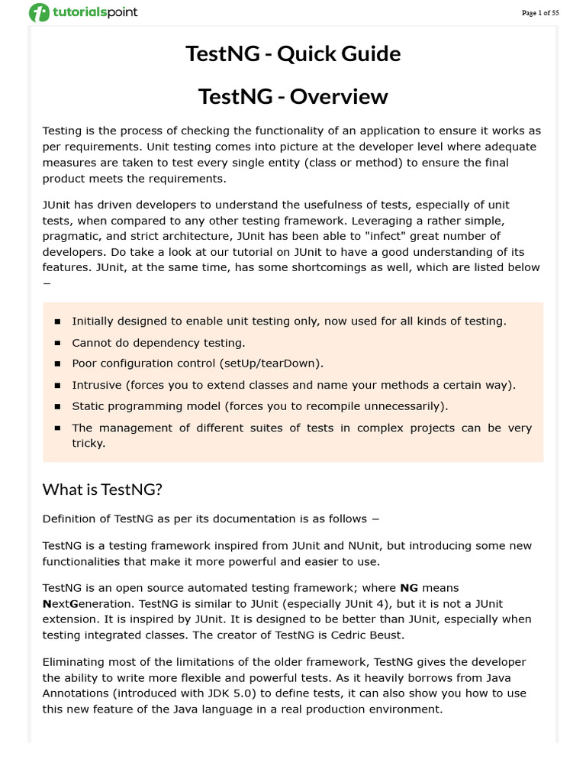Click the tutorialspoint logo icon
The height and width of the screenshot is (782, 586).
(x=39, y=12)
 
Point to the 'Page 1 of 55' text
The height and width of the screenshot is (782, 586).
(x=540, y=13)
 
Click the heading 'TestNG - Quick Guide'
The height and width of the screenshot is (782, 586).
(x=293, y=54)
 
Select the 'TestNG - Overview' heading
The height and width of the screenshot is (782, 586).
(x=293, y=97)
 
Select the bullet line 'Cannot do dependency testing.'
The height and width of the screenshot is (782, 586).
(x=158, y=343)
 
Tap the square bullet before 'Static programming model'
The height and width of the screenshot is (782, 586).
(x=57, y=407)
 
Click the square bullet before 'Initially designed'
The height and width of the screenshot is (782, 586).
(x=57, y=322)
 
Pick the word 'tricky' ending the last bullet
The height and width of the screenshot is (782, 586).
(x=88, y=443)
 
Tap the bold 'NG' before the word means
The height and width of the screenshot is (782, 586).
(x=409, y=588)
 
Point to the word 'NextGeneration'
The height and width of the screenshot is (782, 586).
(x=85, y=603)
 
